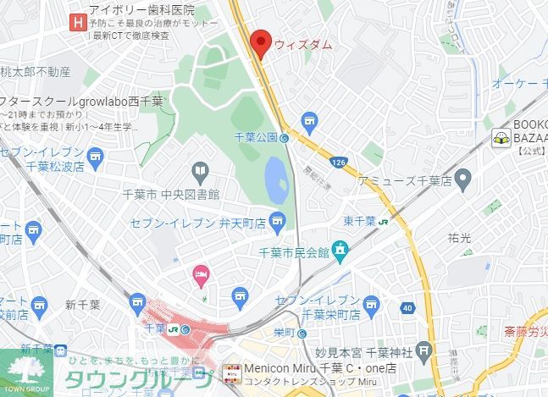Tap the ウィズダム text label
point(302,44)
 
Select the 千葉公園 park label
point(256,137)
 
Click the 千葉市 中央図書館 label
point(172,195)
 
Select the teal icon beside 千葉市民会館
point(340,250)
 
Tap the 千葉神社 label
point(390,352)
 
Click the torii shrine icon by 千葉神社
point(424,350)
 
